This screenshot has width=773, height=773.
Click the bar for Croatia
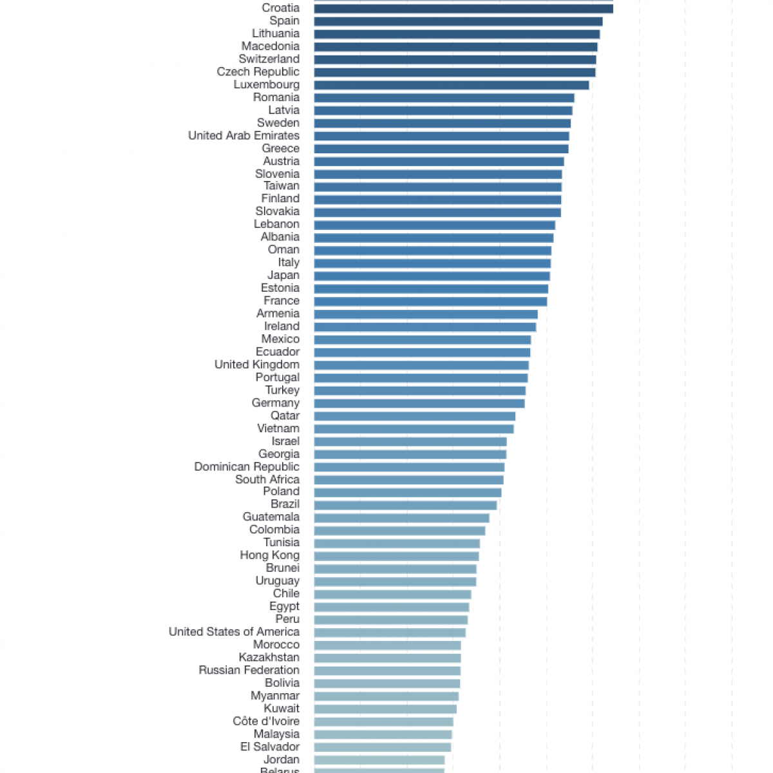(x=463, y=8)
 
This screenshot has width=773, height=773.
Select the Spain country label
(x=284, y=21)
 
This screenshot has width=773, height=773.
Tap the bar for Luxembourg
(x=451, y=85)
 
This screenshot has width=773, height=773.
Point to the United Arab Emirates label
(x=243, y=135)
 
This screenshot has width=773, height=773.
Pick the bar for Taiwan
(x=437, y=187)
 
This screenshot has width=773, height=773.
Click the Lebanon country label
(x=276, y=224)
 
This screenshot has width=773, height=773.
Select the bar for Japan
(x=432, y=276)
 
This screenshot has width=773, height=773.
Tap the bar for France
(x=430, y=301)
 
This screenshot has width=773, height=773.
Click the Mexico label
(x=280, y=339)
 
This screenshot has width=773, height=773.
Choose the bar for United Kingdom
(x=421, y=365)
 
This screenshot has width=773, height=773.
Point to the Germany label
(x=276, y=403)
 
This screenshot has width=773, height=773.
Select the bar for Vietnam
(x=414, y=429)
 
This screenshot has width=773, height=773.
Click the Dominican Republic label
(x=247, y=466)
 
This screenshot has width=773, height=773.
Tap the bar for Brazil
(x=405, y=505)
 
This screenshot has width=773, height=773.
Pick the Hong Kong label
(x=269, y=555)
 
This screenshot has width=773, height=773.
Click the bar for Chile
(x=392, y=595)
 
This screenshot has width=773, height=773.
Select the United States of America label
(x=234, y=632)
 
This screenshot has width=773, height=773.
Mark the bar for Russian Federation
(x=387, y=671)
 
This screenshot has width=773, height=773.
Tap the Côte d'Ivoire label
(x=266, y=721)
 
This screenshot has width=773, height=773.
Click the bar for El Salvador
(x=383, y=747)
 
